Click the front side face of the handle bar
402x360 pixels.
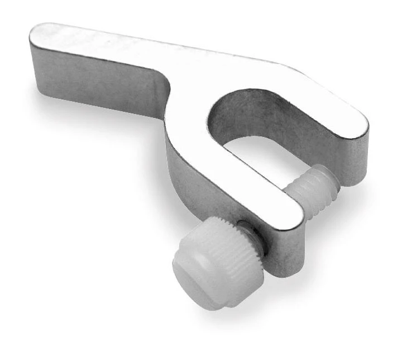point(100,84)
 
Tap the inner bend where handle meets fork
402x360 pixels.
point(167,95)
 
